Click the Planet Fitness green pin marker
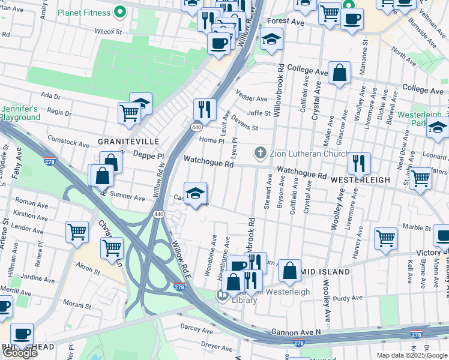pyautogui.click(x=120, y=11)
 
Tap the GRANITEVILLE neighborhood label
pyautogui.click(x=128, y=141)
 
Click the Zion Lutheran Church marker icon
pyautogui.click(x=261, y=152)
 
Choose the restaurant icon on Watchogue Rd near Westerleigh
pyautogui.click(x=358, y=163)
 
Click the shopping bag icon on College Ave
pyautogui.click(x=339, y=73)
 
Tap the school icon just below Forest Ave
pyautogui.click(x=271, y=40)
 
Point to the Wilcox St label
pyautogui.click(x=108, y=31)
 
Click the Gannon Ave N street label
pyautogui.click(x=296, y=331)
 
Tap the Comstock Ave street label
pyautogui.click(x=68, y=143)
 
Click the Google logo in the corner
pyautogui.click(x=20, y=353)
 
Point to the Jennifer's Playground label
pyautogui.click(x=20, y=113)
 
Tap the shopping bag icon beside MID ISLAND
pyautogui.click(x=289, y=271)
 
